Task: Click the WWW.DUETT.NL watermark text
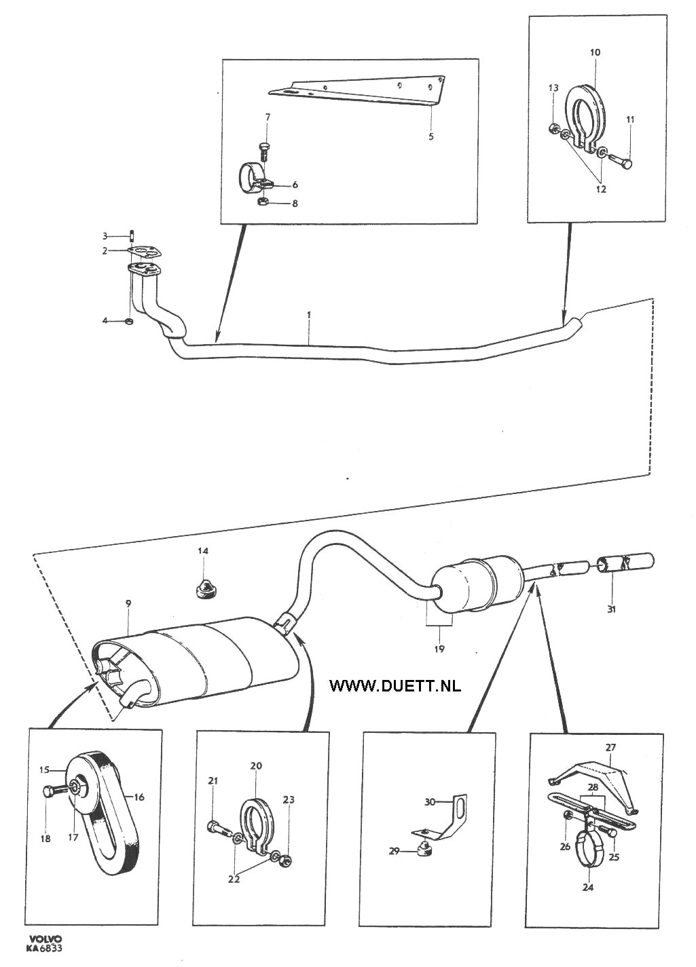click(x=395, y=685)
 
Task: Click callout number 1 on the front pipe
click(x=309, y=315)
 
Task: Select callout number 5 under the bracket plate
click(x=431, y=136)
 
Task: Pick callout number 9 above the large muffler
click(x=128, y=603)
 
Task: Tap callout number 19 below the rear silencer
click(x=439, y=649)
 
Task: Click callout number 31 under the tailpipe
click(x=611, y=609)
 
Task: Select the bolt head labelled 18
click(x=49, y=791)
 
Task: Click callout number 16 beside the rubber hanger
click(x=139, y=797)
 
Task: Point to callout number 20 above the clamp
click(x=256, y=765)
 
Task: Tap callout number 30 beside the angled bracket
click(x=429, y=801)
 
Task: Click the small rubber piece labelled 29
click(x=424, y=848)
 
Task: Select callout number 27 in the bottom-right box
click(x=610, y=747)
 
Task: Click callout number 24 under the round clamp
click(x=588, y=887)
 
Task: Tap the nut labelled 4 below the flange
click(x=129, y=320)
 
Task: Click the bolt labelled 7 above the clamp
click(x=265, y=147)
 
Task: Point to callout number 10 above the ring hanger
click(x=596, y=52)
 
